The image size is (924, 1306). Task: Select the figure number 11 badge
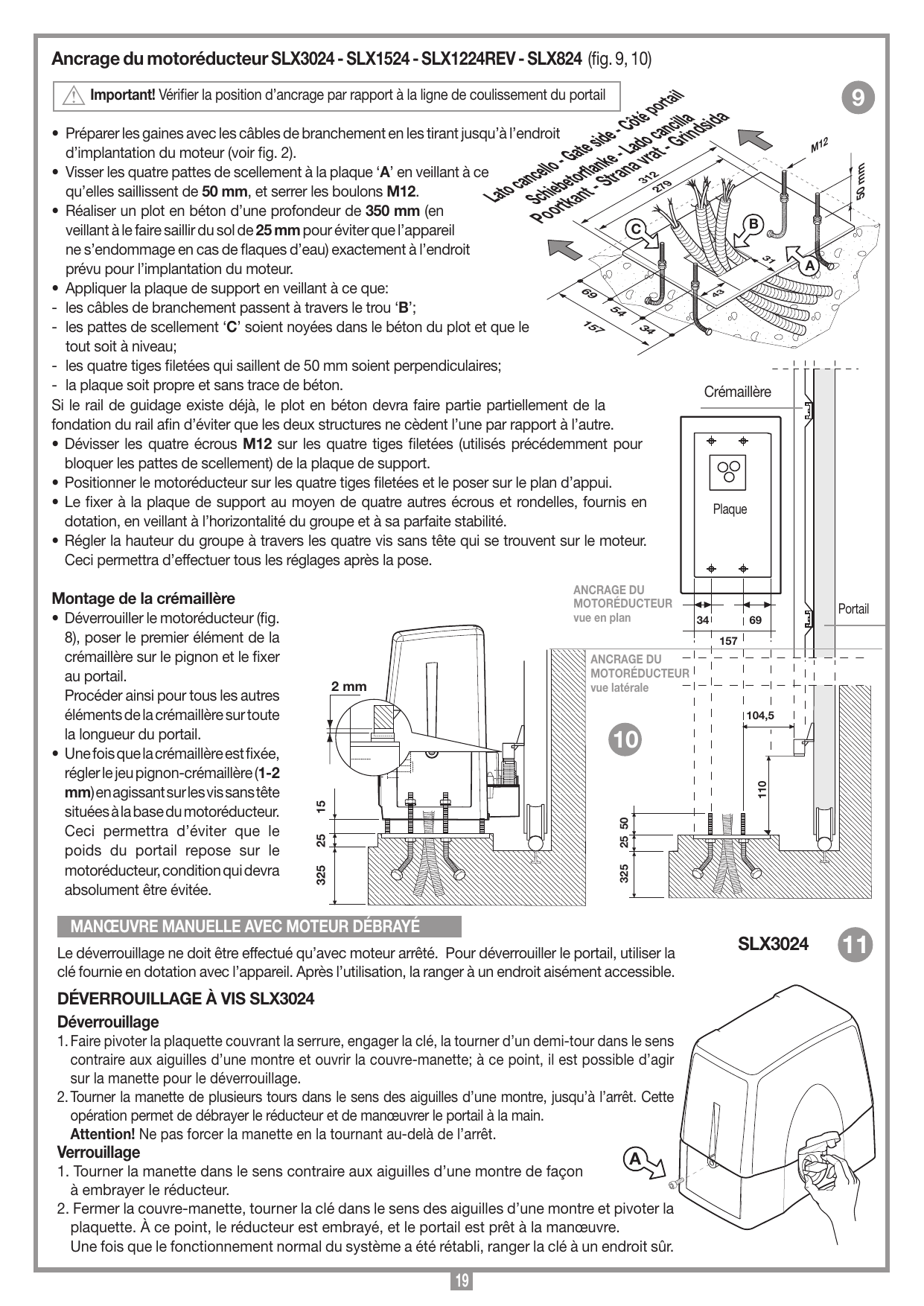[856, 944]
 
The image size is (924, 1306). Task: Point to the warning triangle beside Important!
[74, 96]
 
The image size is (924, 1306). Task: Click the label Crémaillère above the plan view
[738, 392]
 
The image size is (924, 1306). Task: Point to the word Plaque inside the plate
[730, 509]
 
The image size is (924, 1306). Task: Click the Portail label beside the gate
[853, 609]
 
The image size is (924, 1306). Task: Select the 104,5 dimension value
[760, 716]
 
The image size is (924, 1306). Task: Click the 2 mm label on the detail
[349, 686]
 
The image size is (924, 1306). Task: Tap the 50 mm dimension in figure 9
[861, 180]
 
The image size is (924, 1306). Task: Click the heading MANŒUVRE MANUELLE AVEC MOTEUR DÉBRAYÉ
[245, 926]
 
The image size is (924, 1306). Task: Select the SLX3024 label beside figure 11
[773, 944]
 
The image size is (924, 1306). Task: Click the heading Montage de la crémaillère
[143, 598]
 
